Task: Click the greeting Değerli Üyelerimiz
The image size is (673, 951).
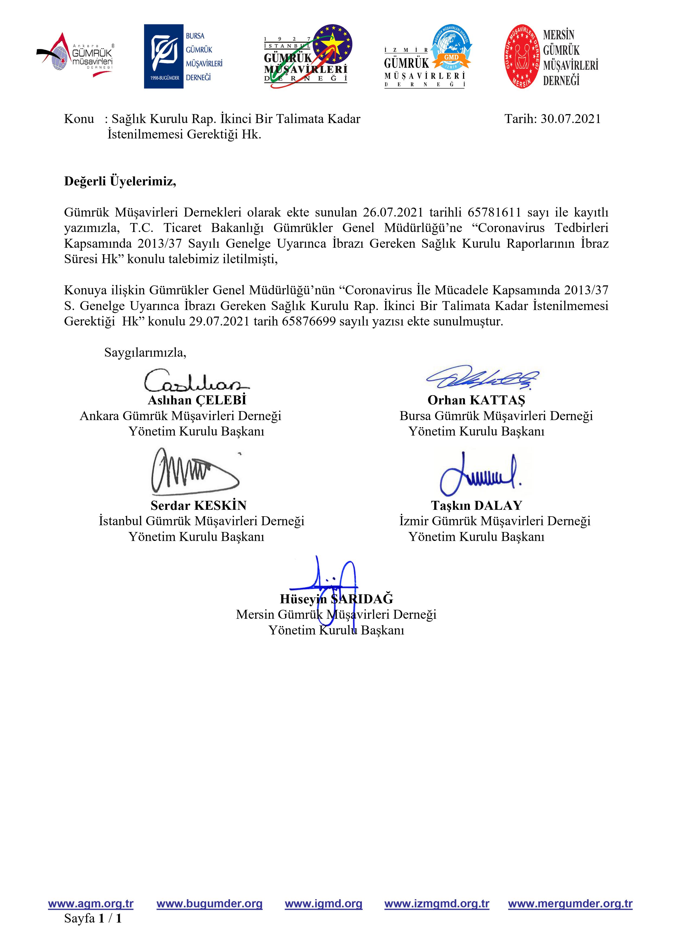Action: tap(120, 181)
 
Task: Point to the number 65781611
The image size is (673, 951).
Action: tap(494, 212)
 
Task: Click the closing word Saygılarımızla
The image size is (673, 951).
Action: tap(145, 353)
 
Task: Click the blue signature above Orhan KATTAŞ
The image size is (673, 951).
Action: tap(483, 377)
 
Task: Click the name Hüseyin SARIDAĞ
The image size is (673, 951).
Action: tap(336, 599)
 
